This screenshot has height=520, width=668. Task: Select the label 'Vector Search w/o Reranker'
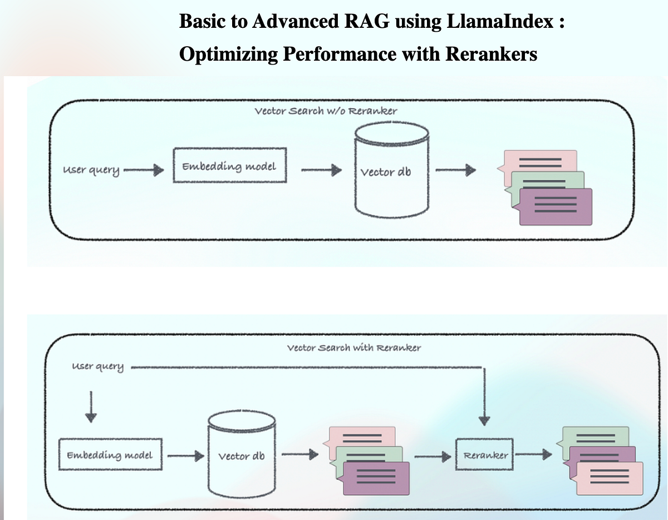click(x=326, y=111)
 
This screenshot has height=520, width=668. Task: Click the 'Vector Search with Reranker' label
click(x=354, y=348)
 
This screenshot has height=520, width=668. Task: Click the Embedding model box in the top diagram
click(x=229, y=165)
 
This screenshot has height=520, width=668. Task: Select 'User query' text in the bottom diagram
click(x=98, y=367)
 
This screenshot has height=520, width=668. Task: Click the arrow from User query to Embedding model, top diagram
click(x=144, y=170)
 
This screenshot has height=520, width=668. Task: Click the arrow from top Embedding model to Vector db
click(x=321, y=170)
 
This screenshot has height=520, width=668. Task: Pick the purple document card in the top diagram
click(x=555, y=207)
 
